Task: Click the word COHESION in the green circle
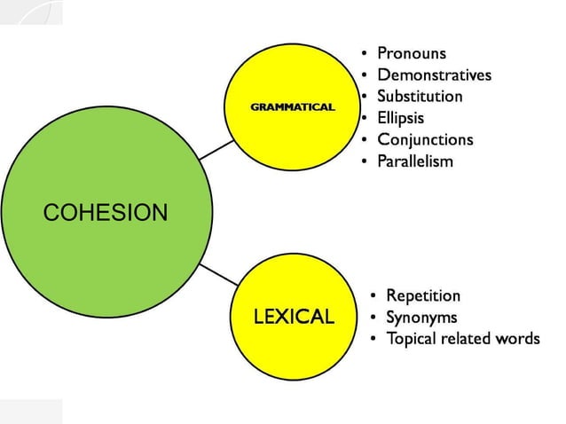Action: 105,213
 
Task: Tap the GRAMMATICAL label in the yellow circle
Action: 293,107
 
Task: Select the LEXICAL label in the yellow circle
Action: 294,317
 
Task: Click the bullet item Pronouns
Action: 412,53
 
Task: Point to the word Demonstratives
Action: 434,75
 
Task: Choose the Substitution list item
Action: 420,96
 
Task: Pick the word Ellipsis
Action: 400,118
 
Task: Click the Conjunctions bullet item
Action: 425,139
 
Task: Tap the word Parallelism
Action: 414,161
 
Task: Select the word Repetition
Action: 423,295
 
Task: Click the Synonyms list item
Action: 421,317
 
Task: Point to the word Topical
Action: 413,339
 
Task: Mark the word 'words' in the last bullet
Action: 517,339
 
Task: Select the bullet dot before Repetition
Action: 374,296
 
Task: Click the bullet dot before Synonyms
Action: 374,318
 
